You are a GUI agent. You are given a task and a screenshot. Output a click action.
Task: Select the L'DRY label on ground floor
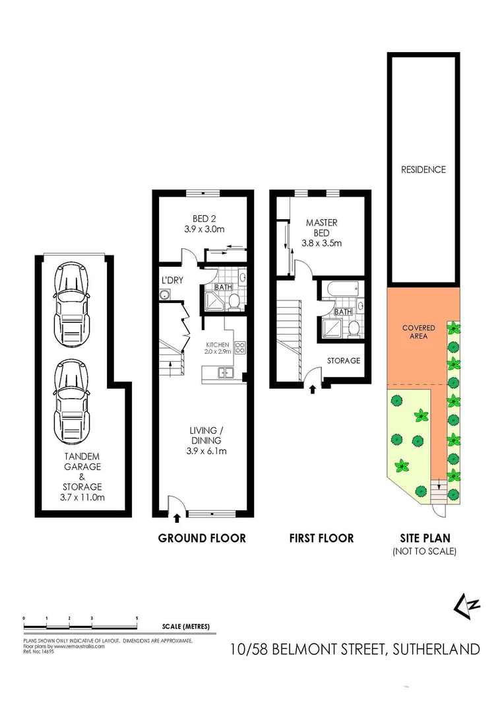pyautogui.click(x=172, y=280)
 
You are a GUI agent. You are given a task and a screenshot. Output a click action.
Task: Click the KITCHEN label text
pyautogui.click(x=217, y=345)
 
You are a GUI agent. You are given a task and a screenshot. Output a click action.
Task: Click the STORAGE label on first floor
pyautogui.click(x=344, y=360)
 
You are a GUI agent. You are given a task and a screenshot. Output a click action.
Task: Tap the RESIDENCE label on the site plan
pyautogui.click(x=424, y=170)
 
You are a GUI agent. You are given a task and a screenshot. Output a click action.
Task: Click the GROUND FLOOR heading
pyautogui.click(x=202, y=538)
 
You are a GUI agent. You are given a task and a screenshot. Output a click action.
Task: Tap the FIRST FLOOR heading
pyautogui.click(x=321, y=538)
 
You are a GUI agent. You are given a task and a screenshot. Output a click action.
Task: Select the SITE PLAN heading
pyautogui.click(x=424, y=538)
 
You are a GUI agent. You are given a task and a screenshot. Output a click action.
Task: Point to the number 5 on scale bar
pyautogui.click(x=137, y=617)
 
